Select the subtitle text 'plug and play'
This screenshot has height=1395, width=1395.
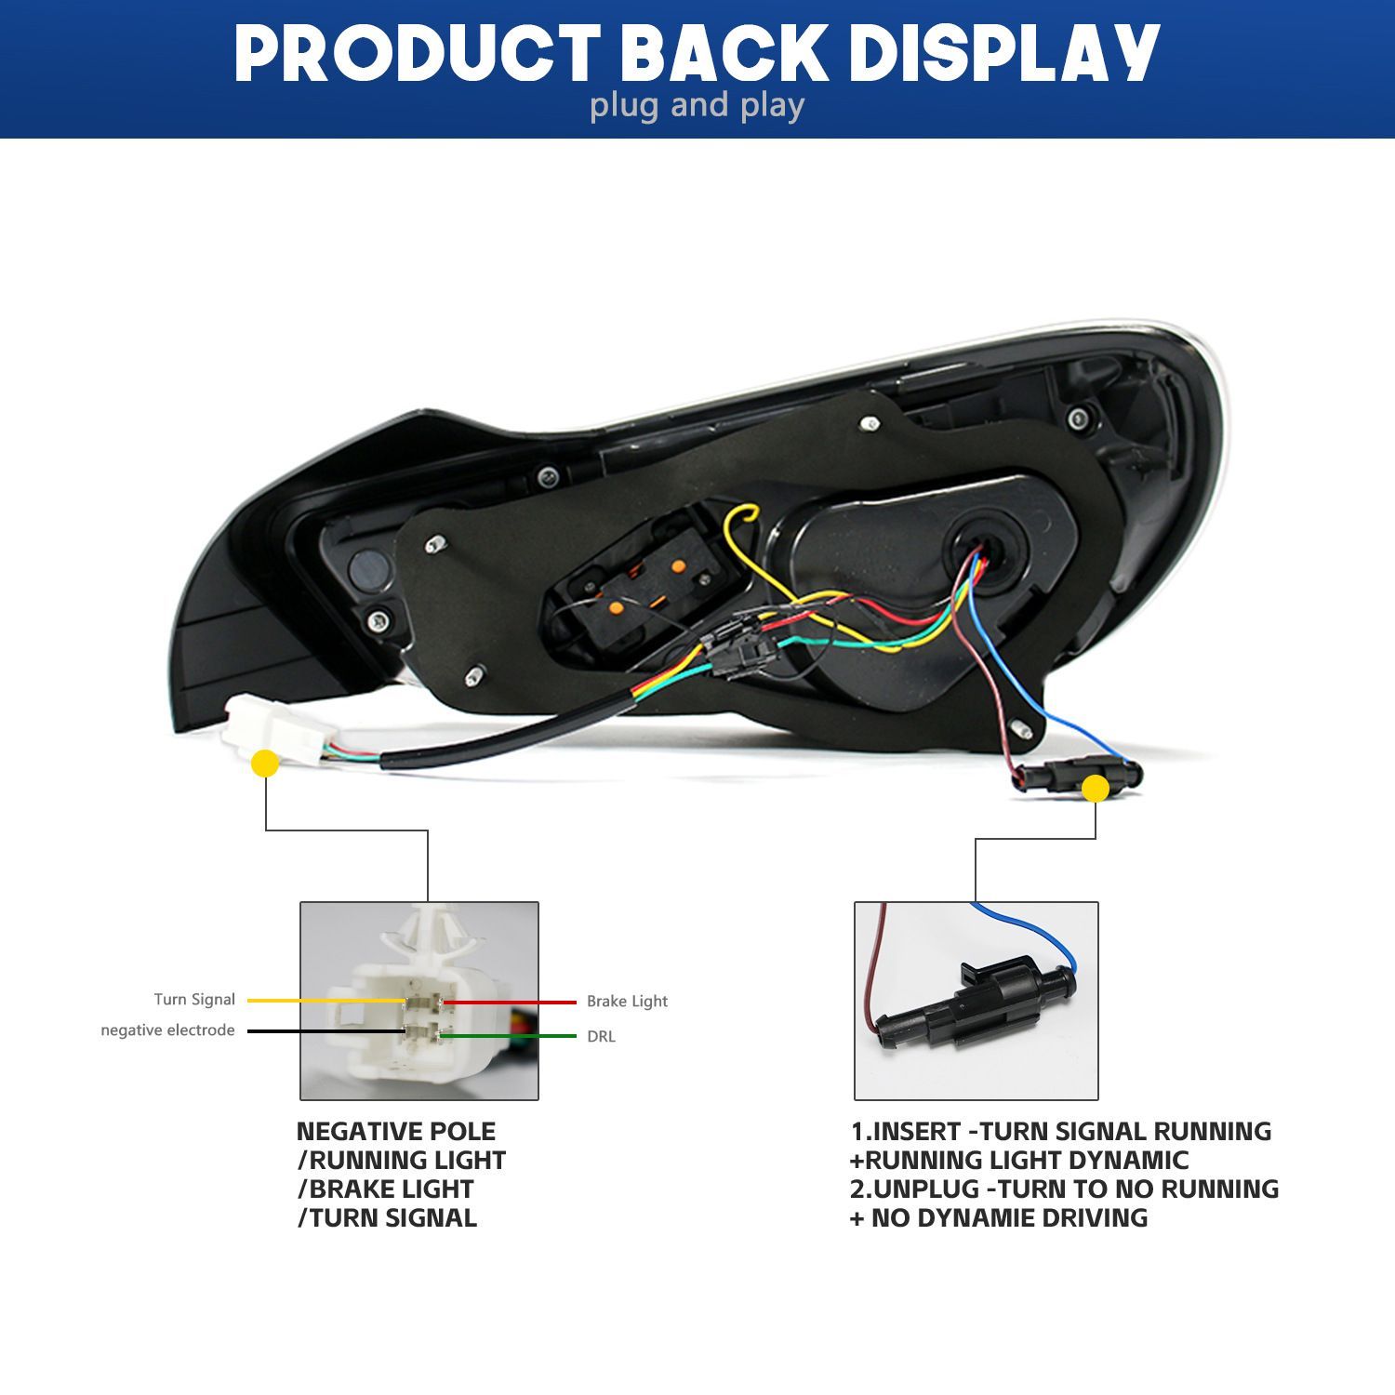pos(697,106)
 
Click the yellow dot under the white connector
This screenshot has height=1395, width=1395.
pos(265,764)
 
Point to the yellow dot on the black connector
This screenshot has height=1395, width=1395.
pos(1096,790)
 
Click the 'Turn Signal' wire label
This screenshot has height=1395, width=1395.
pos(194,1000)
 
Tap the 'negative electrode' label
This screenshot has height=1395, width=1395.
pos(167,1030)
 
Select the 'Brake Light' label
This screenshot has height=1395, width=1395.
pos(627,1002)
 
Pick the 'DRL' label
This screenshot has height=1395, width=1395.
pos(601,1036)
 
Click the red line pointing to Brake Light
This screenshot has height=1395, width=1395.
pos(510,1003)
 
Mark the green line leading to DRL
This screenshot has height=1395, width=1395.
pos(509,1035)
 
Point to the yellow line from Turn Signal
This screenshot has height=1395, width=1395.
pos(326,1001)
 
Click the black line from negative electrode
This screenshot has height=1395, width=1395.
pos(326,1031)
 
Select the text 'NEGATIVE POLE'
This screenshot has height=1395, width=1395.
pos(396,1132)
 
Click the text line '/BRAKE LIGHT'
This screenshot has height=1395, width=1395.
pos(386,1189)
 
